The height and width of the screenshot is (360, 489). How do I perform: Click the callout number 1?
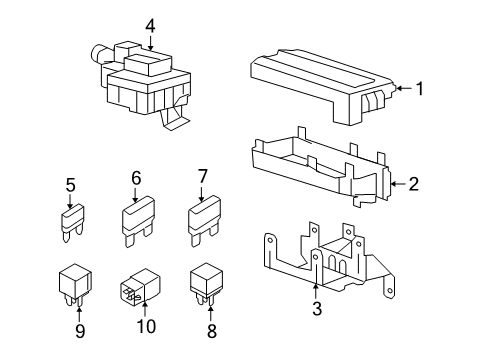pos(420,89)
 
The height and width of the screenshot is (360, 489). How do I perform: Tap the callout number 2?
pos(413,184)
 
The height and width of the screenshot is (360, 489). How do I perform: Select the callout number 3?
pos(317,308)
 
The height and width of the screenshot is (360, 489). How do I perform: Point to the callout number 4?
pos(150,26)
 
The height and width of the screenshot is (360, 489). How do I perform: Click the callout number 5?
pos(70,185)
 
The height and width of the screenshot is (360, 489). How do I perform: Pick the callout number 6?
pos(136,178)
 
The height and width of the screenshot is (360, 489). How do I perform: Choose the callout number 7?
pos(203,176)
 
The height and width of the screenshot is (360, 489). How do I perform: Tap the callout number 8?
pos(212,331)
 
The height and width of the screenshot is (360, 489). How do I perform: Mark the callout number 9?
pos(80,331)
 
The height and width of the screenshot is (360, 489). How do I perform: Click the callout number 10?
pos(146,326)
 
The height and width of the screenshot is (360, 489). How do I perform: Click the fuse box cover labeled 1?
pos(323,86)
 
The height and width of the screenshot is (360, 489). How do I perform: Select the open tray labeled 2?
pos(321,167)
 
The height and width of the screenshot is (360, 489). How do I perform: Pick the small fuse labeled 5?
pos(73,223)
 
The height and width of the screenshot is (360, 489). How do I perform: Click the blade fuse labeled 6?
pos(138,221)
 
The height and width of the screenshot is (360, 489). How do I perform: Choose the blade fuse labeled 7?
pos(204,221)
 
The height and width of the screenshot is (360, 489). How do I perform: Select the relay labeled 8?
pos(206,283)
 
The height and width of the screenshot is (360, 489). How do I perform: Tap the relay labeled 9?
pos(75,284)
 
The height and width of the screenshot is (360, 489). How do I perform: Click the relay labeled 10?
pos(140,287)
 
